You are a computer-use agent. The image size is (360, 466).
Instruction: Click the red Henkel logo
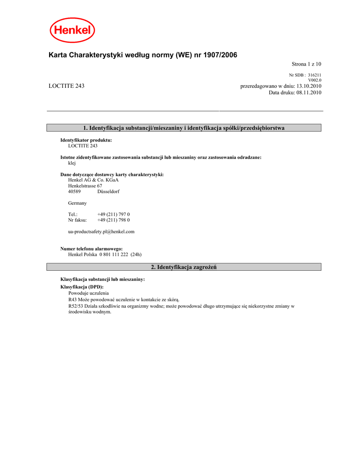[72, 30]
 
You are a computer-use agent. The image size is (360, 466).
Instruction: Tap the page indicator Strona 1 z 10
[306, 64]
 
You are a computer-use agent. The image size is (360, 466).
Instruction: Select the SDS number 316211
[314, 75]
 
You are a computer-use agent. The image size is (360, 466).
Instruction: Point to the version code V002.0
[315, 80]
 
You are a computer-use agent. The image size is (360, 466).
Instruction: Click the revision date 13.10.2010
[309, 86]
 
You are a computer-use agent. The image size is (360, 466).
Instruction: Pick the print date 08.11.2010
[309, 92]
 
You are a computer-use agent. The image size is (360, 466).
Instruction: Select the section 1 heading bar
[184, 128]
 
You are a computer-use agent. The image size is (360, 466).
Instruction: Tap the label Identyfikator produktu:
[86, 140]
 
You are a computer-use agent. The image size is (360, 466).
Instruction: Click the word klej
[72, 163]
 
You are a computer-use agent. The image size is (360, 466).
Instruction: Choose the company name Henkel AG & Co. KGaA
[93, 180]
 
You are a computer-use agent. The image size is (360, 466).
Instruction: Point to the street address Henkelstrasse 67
[85, 186]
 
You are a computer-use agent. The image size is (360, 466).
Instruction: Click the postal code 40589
[74, 192]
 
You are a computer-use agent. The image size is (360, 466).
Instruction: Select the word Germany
[77, 203]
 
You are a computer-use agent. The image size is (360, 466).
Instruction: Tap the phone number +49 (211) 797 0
[113, 214]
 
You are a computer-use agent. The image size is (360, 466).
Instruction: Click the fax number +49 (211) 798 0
[113, 220]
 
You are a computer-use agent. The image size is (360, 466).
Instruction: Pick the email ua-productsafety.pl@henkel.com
[101, 232]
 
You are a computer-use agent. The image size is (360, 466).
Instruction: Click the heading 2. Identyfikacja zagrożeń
[184, 267]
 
